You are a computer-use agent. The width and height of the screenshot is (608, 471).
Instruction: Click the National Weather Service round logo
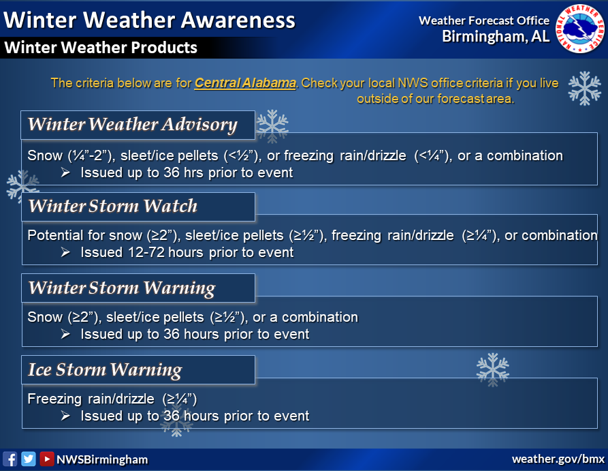point(580,29)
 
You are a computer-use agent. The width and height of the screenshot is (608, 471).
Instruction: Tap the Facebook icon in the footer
point(10,459)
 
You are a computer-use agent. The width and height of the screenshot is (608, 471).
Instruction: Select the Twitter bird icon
point(29,459)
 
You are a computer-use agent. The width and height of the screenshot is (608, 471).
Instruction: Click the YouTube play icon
point(46,459)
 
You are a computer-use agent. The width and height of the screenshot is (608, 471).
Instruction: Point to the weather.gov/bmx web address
point(558,459)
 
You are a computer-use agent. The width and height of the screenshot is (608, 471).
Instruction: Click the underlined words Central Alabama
point(245,83)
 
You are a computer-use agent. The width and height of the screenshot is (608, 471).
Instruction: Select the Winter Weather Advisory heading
point(132,124)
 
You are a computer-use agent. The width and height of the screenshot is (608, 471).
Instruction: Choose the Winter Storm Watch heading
point(113,206)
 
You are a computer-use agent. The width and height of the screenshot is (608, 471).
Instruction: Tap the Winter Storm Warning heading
point(122,288)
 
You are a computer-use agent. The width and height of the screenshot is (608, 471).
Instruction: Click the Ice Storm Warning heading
point(105,369)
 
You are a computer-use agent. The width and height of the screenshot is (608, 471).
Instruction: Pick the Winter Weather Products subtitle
point(101,47)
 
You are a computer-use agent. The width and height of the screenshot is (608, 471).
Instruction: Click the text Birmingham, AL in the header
point(496,36)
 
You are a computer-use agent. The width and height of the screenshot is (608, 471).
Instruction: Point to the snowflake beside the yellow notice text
point(584,89)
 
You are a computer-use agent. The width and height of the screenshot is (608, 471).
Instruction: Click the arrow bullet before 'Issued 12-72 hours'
point(65,252)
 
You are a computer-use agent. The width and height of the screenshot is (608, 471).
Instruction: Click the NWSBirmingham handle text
point(102,459)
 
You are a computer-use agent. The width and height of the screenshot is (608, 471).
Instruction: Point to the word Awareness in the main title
point(238,20)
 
